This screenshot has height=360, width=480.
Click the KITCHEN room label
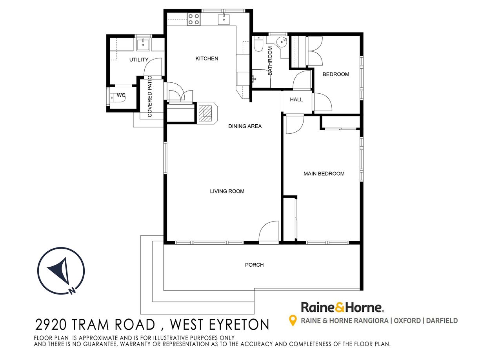(207, 58)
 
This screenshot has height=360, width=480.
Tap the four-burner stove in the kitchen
(194, 19)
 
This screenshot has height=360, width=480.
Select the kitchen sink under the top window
(224, 19)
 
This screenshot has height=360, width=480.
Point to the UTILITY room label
(139, 60)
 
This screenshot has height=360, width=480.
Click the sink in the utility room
(143, 44)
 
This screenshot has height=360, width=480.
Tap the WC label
(121, 95)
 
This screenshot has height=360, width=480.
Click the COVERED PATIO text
(150, 96)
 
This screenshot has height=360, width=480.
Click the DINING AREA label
(245, 126)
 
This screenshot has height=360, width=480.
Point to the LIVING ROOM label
(227, 191)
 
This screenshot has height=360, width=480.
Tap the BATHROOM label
(270, 61)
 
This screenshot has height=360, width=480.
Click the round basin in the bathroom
(282, 41)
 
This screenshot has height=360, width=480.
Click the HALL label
(296, 100)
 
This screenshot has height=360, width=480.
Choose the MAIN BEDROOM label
(324, 174)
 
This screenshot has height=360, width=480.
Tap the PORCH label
(254, 265)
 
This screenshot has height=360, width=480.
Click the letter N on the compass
(72, 291)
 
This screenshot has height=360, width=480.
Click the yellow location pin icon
(293, 321)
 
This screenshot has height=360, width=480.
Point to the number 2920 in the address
(51, 325)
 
